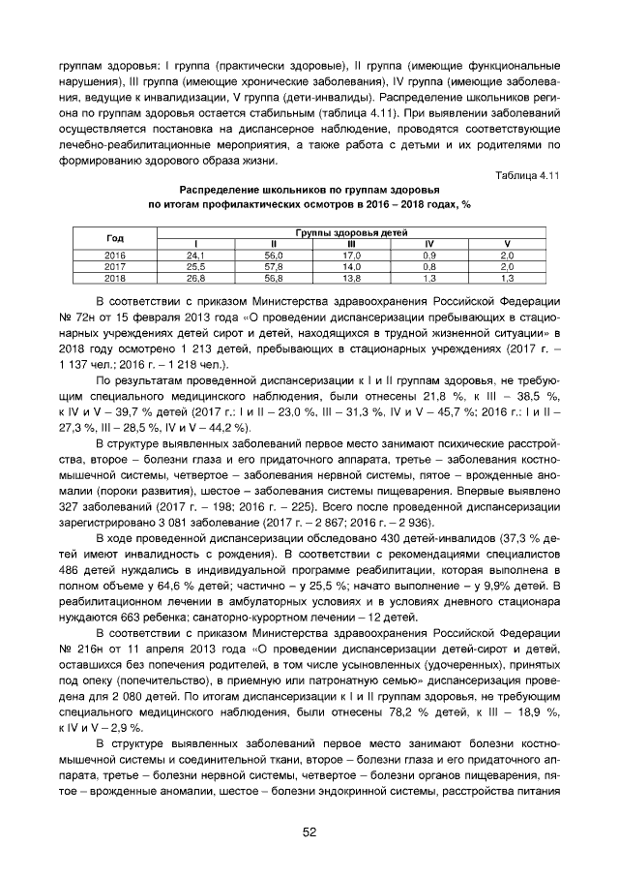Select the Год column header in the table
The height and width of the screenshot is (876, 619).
click(x=115, y=238)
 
